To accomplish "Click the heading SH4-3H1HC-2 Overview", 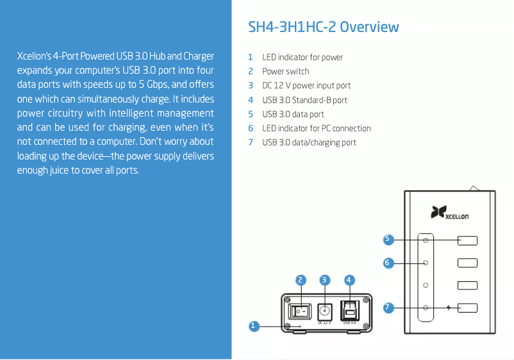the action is tap(323, 27).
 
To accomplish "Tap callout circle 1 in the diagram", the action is tap(253, 326).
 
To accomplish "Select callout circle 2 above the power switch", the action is tap(301, 280).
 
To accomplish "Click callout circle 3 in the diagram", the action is tap(324, 280).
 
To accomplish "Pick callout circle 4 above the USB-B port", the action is tap(349, 280).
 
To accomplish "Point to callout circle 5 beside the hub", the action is tap(388, 240).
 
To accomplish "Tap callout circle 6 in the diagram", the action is tap(388, 263).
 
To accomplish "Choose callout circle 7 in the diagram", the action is tap(388, 307).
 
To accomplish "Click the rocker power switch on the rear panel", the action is tap(299, 311).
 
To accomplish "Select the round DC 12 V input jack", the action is tap(324, 311).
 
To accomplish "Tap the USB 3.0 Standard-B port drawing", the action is tap(349, 310).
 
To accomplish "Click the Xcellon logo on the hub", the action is tap(449, 212).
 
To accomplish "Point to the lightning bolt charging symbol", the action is tap(449, 307).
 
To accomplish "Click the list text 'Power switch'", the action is tap(285, 71).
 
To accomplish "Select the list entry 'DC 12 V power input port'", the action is tap(306, 85).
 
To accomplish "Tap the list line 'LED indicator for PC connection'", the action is tap(317, 128).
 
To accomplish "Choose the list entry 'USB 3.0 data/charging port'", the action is tap(309, 142).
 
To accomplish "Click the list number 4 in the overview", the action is tap(251, 100).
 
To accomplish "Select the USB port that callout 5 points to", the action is tap(467, 240).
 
